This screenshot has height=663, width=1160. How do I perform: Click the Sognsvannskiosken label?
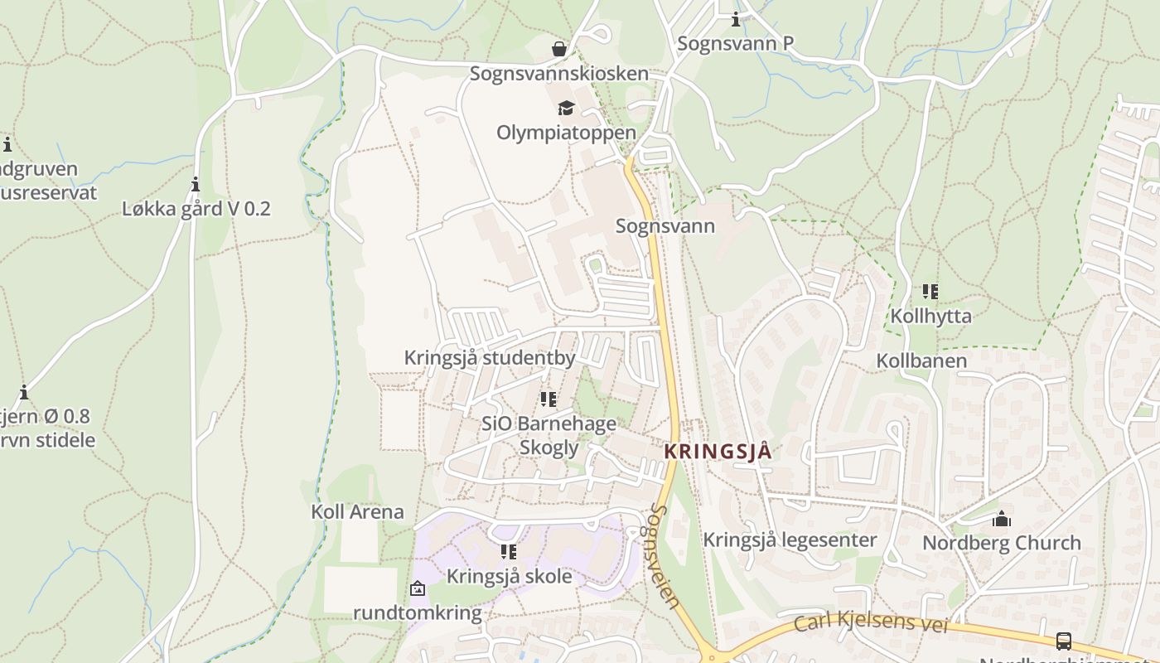558,74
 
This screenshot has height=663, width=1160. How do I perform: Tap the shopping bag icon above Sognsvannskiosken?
559,49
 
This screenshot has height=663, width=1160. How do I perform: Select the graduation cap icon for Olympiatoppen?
566,108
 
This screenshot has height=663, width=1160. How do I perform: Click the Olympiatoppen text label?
566,133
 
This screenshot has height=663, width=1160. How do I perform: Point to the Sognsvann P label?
735,44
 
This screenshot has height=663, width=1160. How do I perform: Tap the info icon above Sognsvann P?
735,20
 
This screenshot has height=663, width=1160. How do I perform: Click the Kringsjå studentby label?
489,358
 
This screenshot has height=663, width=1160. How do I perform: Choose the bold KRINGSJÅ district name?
718,452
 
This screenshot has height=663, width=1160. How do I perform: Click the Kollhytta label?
930,316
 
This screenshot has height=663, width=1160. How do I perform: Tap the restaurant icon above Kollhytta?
930,291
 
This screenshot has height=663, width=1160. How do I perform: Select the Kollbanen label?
921,361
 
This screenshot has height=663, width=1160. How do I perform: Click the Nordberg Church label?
1001,544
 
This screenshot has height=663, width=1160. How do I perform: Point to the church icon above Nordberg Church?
1001,520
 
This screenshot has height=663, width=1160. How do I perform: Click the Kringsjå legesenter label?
789,540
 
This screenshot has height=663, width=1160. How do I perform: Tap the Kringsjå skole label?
509,576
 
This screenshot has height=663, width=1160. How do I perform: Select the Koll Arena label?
357,512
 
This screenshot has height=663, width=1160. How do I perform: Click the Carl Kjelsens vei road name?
870,622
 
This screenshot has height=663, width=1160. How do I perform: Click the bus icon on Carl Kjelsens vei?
1063,641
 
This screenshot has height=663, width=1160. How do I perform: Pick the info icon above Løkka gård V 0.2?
196,184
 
